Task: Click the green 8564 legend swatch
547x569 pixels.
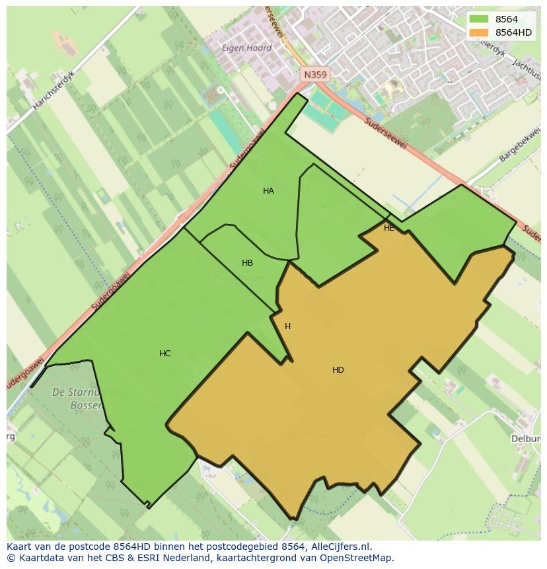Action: click(478, 19)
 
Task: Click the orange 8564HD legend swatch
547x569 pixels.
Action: click(478, 32)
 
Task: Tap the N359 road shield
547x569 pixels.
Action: click(314, 75)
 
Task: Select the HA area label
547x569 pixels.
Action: click(268, 191)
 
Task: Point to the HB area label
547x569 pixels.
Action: click(247, 263)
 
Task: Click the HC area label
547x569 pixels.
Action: click(165, 354)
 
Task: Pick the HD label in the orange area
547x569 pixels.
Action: click(338, 370)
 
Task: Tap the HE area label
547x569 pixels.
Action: click(389, 228)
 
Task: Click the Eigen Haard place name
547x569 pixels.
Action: click(246, 48)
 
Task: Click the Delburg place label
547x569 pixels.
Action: click(527, 438)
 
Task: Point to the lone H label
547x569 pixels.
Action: click(287, 326)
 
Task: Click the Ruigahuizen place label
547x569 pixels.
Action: click(240, 278)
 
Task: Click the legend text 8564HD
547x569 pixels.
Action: click(513, 32)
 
